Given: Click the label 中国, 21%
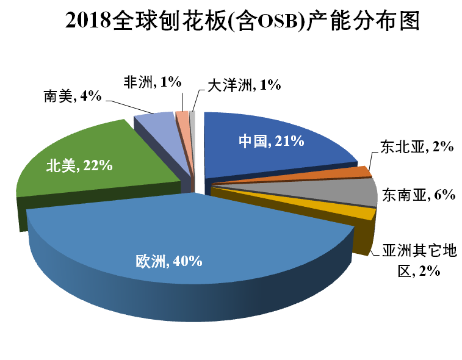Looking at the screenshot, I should click(270, 141).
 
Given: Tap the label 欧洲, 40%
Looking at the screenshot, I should click(168, 262).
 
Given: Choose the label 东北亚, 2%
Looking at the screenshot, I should click(416, 147).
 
